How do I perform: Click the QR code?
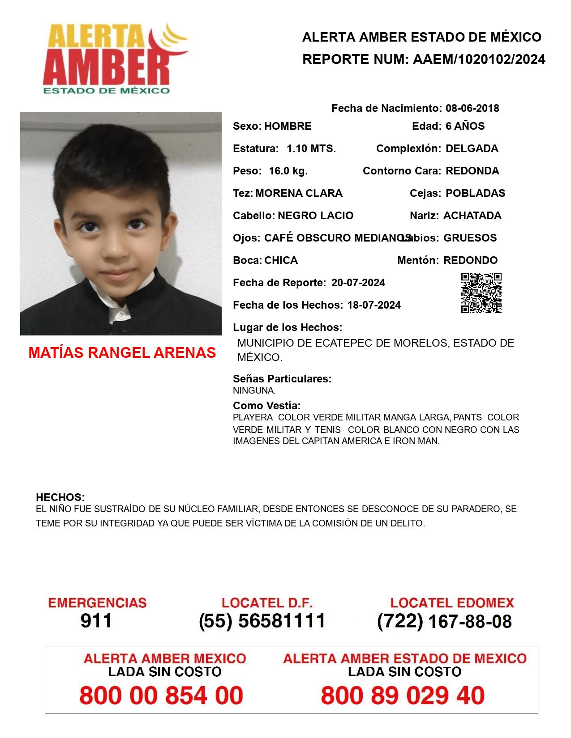coord(481,293)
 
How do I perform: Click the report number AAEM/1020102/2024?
coord(479,59)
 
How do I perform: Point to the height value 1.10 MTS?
coord(311,148)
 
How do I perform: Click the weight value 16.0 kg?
coord(288,171)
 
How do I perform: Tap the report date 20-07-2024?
coord(358,283)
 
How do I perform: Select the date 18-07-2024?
coord(374,305)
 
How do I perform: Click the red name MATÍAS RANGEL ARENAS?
coord(122,352)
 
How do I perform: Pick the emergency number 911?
coord(96,621)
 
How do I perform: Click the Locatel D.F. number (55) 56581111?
coord(262,621)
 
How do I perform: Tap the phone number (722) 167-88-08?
coord(444,621)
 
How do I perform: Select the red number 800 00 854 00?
coord(161,696)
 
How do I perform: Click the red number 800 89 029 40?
coord(403,696)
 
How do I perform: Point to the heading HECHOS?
coord(60,497)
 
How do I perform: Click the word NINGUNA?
coord(254,390)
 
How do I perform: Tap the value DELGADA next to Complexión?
coord(472,148)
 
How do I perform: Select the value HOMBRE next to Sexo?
coord(288,126)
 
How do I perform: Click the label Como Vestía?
coord(266,406)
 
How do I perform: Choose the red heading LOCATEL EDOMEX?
coord(452,603)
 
